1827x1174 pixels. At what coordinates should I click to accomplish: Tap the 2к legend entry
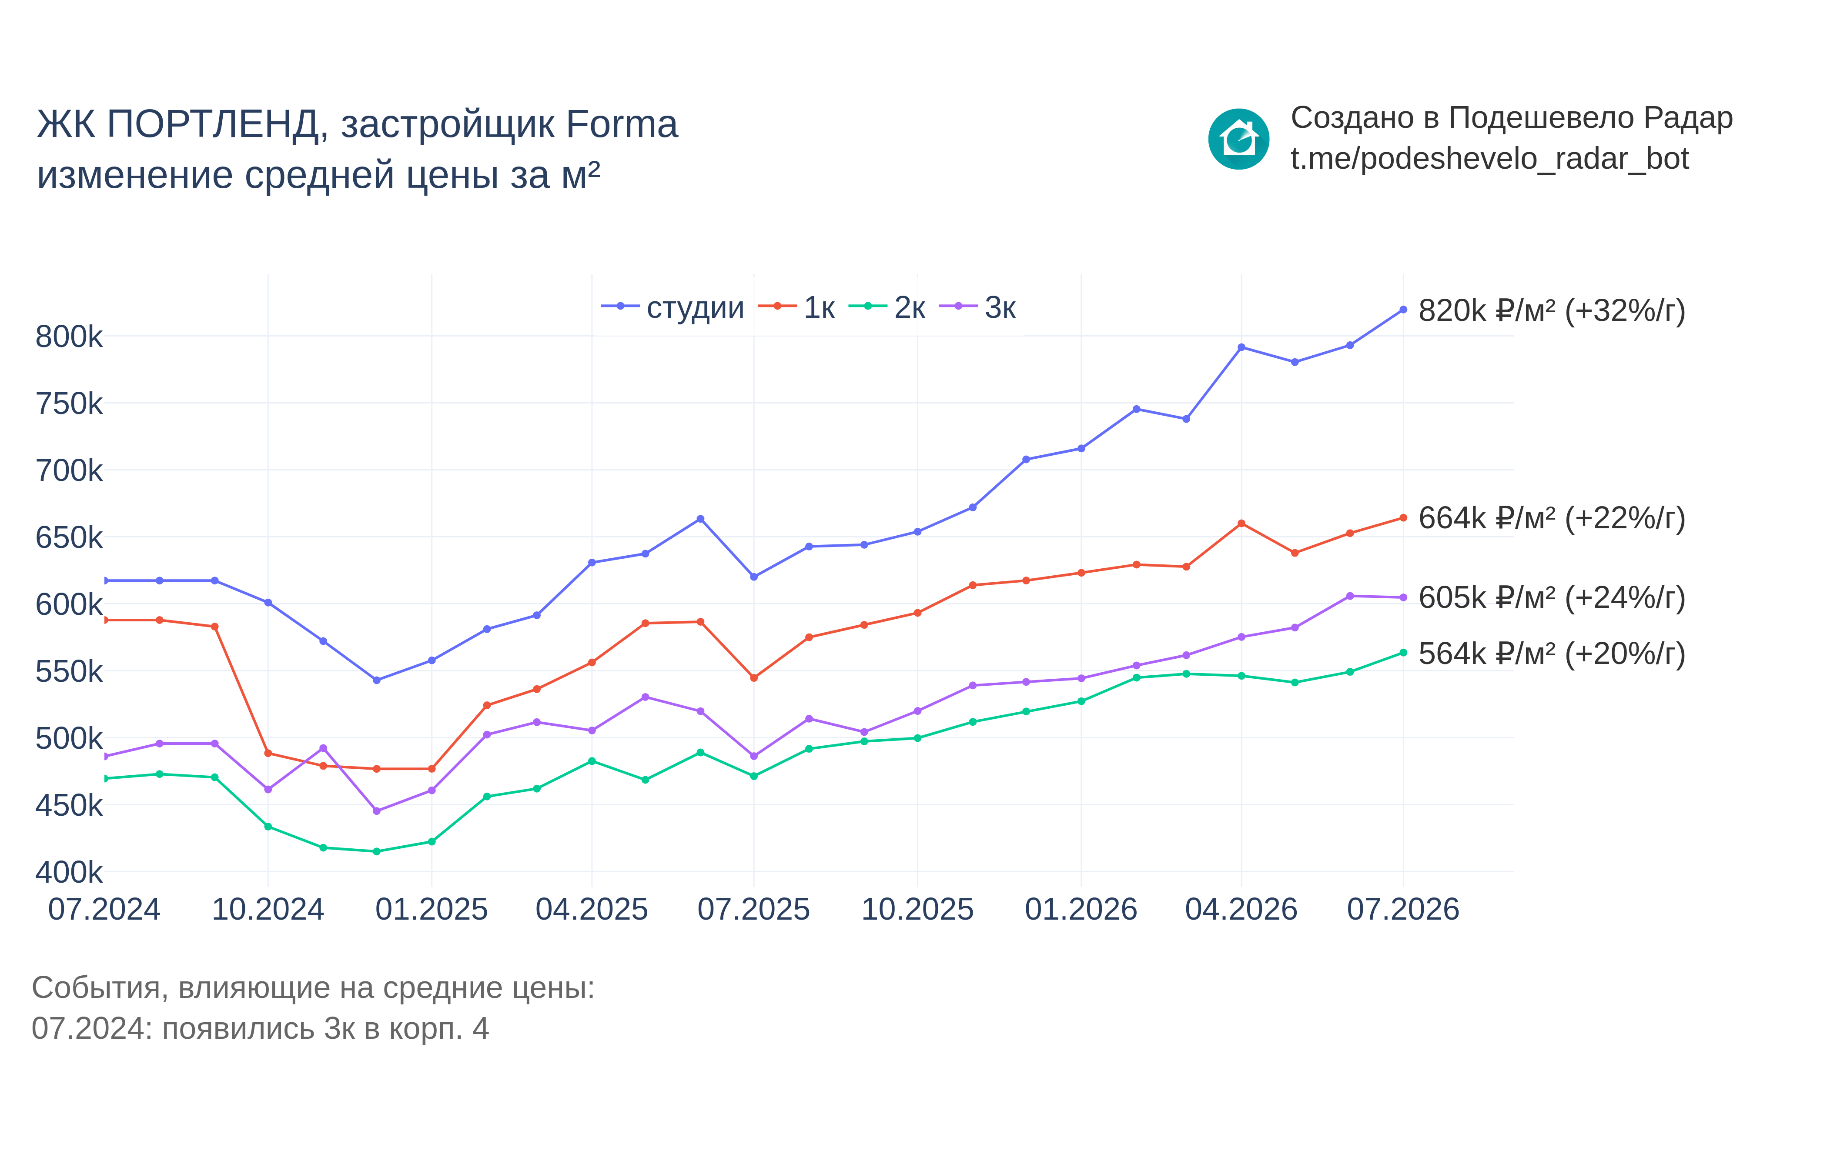pyautogui.click(x=887, y=307)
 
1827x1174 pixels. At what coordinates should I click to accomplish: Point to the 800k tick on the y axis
pyautogui.click(x=69, y=336)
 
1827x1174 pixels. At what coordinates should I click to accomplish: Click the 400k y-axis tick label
pyautogui.click(x=69, y=872)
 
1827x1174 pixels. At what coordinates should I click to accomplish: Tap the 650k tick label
pyautogui.click(x=69, y=537)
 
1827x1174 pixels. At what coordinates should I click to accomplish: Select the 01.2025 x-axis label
pyautogui.click(x=432, y=910)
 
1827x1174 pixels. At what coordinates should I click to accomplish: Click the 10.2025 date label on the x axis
pyautogui.click(x=917, y=910)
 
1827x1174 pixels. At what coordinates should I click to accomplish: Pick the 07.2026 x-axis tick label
pyautogui.click(x=1403, y=910)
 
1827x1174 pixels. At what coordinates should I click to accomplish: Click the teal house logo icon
pyautogui.click(x=1238, y=139)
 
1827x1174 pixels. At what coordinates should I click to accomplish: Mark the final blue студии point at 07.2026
pyautogui.click(x=1403, y=310)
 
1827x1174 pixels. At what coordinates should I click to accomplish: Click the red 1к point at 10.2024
pyautogui.click(x=268, y=753)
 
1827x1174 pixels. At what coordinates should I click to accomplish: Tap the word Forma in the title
pyautogui.click(x=622, y=124)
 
